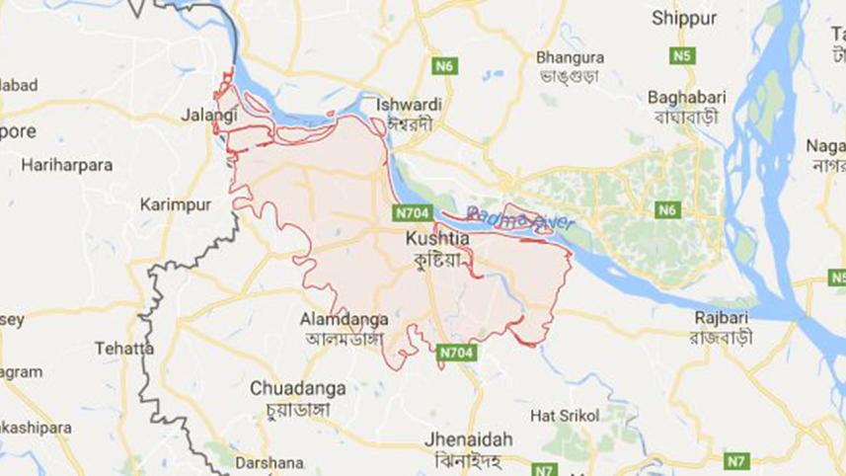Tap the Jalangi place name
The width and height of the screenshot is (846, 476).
pyautogui.click(x=209, y=116)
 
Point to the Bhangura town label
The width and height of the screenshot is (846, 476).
pyautogui.click(x=569, y=57)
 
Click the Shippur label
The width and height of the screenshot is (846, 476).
pyautogui.click(x=683, y=18)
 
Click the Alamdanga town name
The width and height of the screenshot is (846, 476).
pyautogui.click(x=345, y=319)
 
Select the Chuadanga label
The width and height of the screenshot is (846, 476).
pyautogui.click(x=297, y=388)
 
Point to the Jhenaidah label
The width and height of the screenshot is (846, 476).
pyautogui.click(x=459, y=436)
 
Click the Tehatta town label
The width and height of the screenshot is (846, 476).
pyautogui.click(x=124, y=349)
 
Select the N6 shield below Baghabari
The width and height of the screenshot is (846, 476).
pyautogui.click(x=668, y=209)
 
